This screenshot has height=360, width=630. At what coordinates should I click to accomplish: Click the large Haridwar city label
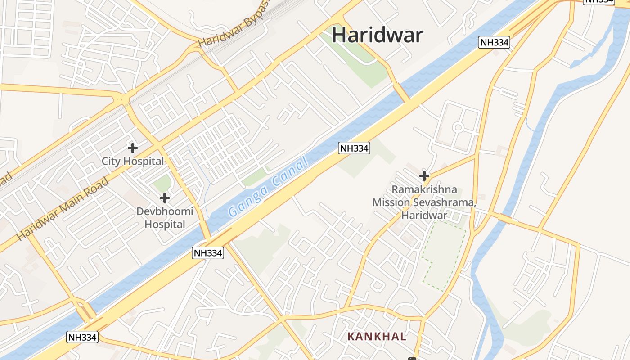tap(378, 35)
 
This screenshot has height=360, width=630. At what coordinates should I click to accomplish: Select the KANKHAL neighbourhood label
tap(377, 336)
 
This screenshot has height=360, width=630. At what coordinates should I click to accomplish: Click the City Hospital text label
tap(133, 161)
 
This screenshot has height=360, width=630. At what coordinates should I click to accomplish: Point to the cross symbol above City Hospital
tap(133, 148)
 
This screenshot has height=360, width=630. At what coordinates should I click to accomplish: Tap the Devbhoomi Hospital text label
tap(165, 218)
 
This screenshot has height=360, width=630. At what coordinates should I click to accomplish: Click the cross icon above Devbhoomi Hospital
tap(165, 198)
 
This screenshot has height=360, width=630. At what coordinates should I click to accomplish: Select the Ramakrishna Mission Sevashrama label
tap(424, 202)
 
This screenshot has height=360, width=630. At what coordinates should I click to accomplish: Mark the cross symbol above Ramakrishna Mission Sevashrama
tap(424, 175)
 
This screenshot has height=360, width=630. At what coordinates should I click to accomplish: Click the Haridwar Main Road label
tap(63, 209)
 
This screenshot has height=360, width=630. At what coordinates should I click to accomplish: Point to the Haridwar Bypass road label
tap(234, 25)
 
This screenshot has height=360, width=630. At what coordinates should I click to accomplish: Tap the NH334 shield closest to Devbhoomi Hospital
tap(208, 253)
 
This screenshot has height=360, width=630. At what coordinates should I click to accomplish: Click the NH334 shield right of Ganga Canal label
tap(354, 148)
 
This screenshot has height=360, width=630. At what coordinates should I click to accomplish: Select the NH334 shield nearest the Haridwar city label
tap(494, 43)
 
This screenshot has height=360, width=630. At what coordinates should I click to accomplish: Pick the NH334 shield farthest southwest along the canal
tap(82, 337)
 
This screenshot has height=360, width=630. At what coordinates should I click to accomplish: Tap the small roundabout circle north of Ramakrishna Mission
tap(458, 127)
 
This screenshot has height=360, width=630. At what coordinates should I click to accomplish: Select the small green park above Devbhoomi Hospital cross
tap(162, 183)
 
